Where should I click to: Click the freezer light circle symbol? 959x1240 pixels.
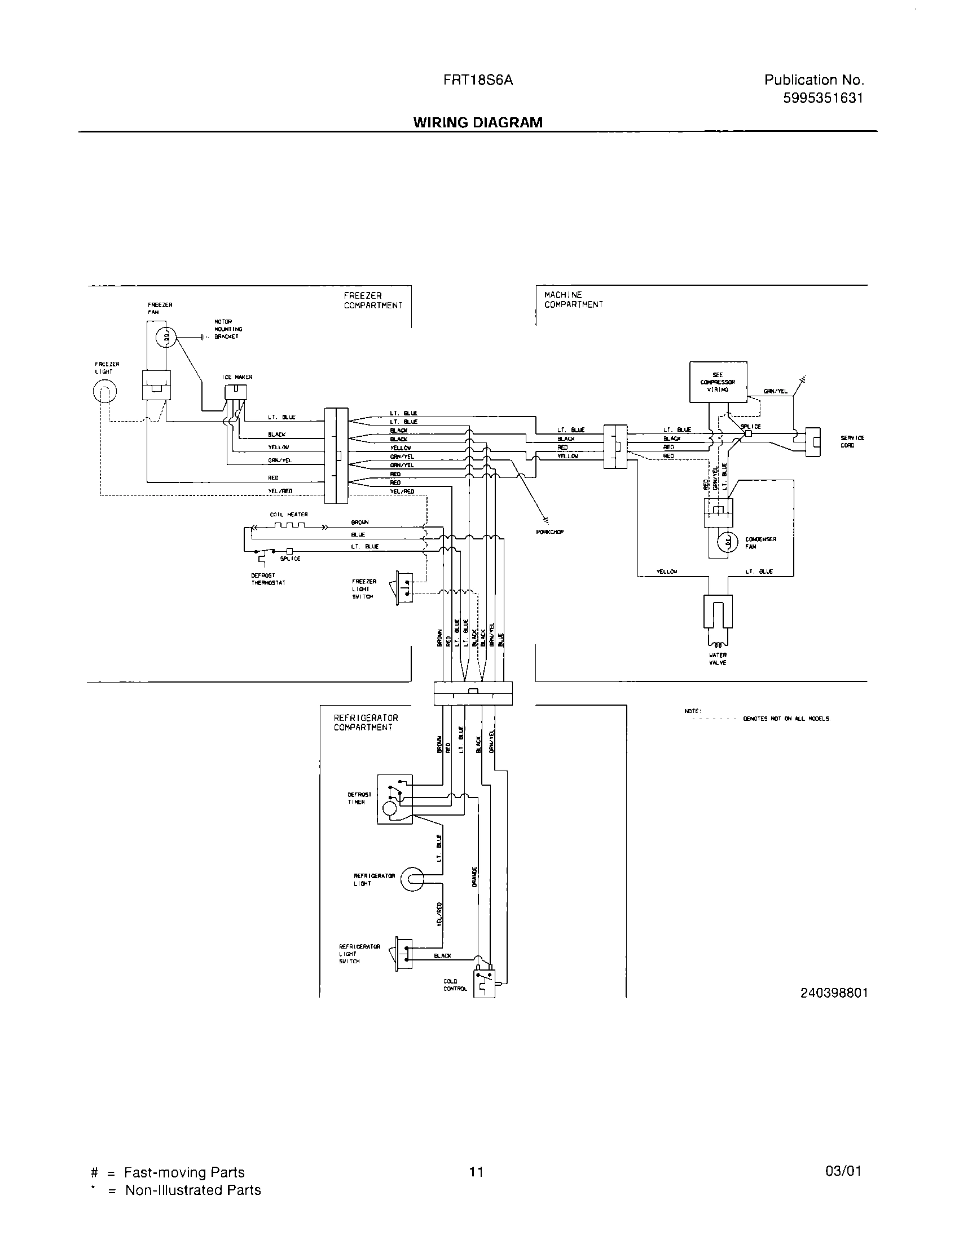tap(104, 391)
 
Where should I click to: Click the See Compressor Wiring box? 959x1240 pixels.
tap(718, 382)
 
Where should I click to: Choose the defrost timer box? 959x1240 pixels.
tap(395, 799)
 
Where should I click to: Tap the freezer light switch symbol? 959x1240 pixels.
tap(402, 587)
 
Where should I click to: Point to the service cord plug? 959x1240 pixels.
tap(813, 442)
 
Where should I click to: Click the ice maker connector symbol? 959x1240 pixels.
tap(236, 392)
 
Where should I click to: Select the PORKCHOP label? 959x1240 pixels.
tap(549, 532)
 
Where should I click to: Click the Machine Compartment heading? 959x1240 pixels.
tap(573, 300)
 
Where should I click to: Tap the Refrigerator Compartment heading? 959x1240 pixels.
tap(366, 722)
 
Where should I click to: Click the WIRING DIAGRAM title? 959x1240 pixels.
tap(477, 123)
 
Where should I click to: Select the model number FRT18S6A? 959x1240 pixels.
tap(478, 81)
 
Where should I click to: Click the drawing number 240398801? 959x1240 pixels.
tap(834, 993)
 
